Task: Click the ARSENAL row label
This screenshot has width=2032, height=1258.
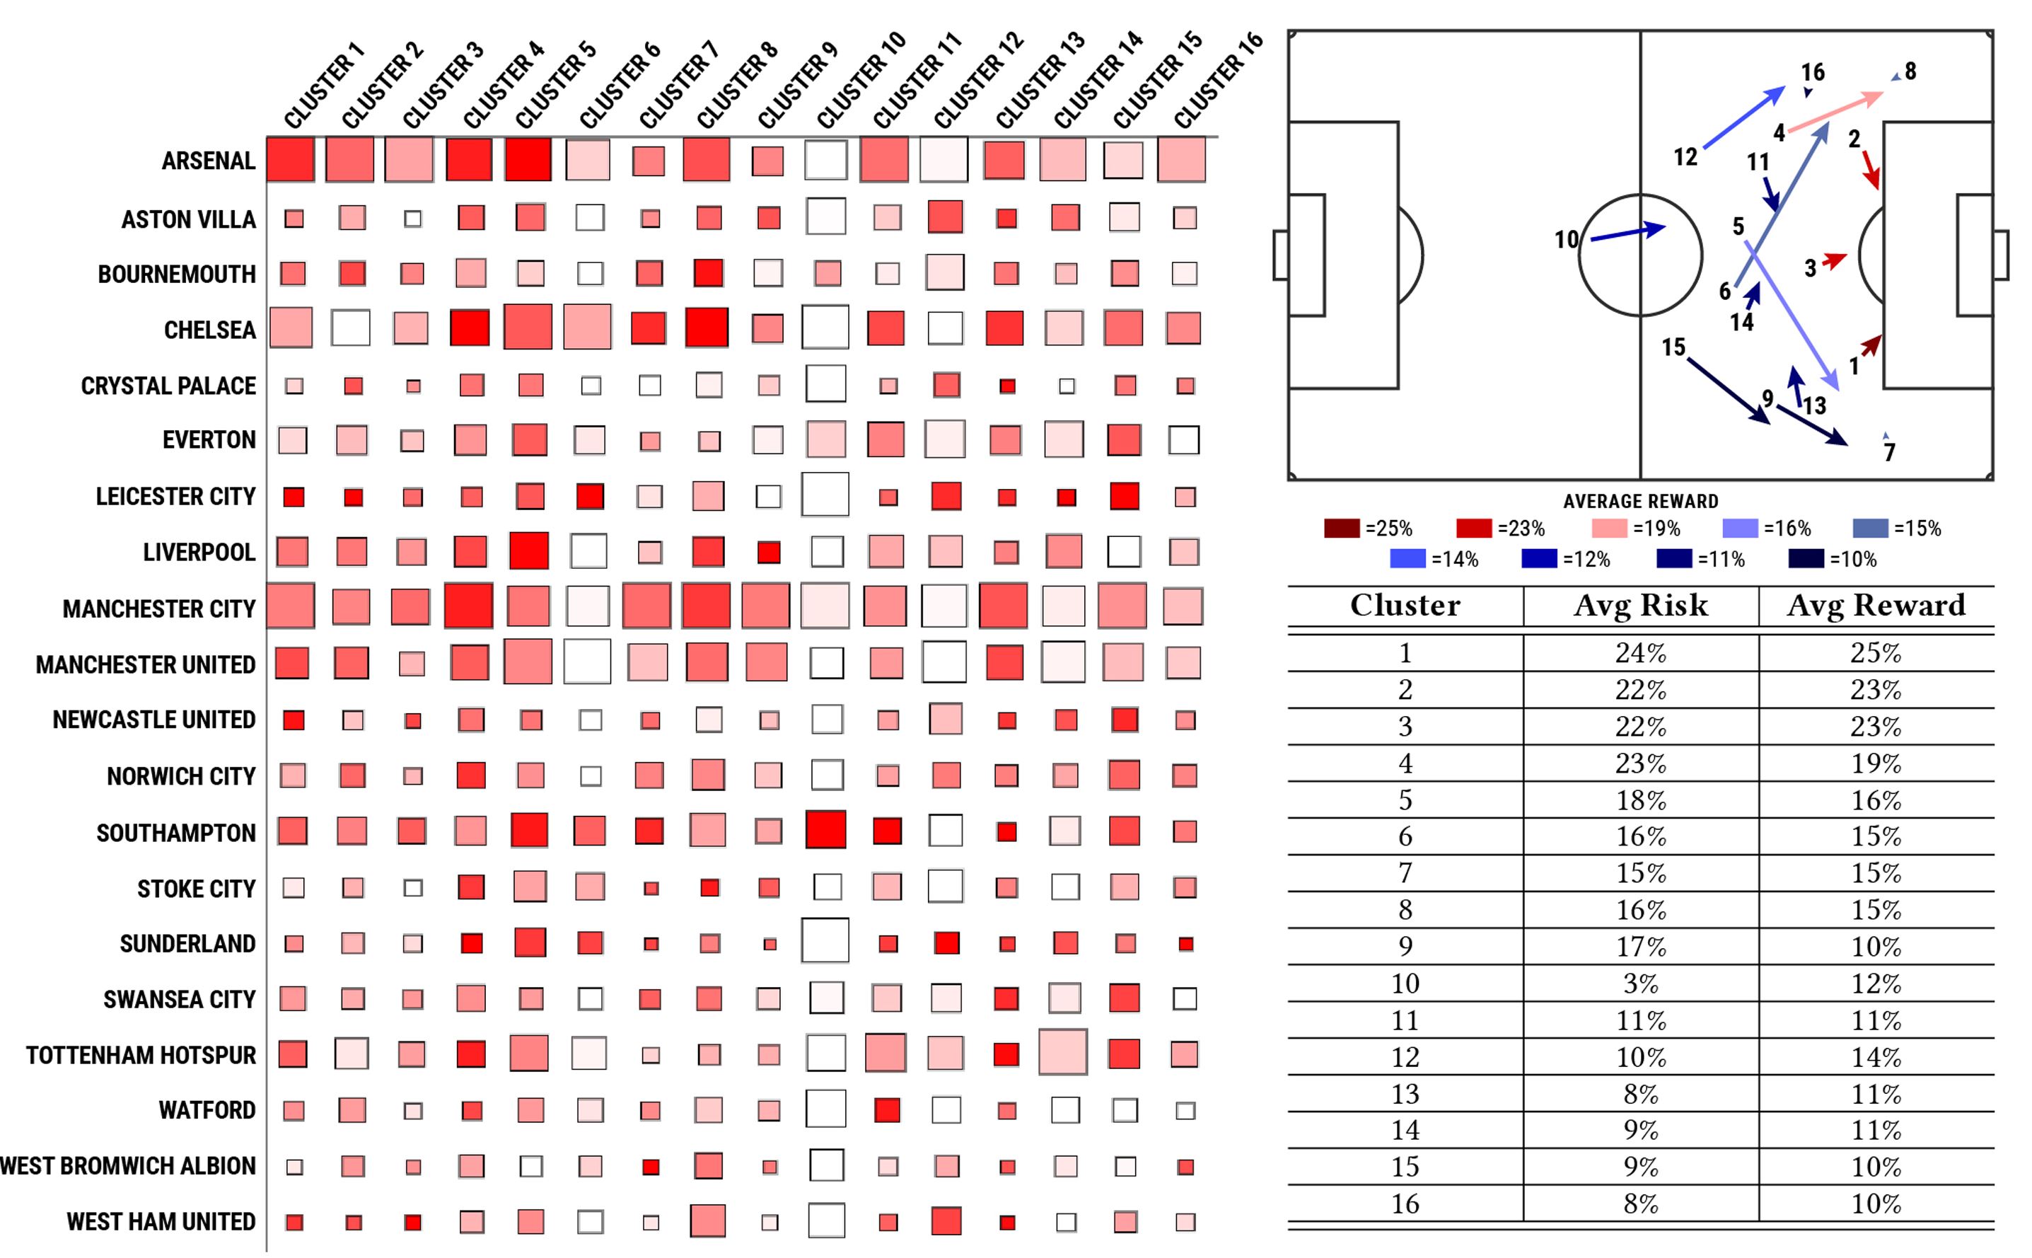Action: pos(208,161)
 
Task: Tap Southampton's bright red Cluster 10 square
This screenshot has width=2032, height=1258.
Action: pos(826,829)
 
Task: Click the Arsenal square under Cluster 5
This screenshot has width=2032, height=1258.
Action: pos(528,159)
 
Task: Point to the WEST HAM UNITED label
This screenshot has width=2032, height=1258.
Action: pos(161,1221)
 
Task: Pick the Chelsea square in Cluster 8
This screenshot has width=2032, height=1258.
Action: pos(707,328)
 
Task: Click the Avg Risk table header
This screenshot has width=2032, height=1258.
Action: pos(1640,605)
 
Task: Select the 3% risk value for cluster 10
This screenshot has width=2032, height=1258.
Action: pos(1640,983)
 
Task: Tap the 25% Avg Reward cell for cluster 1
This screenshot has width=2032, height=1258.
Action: pos(1876,653)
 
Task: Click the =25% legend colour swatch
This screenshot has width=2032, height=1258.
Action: pos(1341,529)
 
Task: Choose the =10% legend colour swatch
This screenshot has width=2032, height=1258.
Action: pos(1806,559)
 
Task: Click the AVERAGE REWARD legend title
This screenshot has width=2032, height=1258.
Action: pos(1640,501)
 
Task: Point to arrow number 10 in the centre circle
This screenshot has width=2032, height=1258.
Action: pos(1627,233)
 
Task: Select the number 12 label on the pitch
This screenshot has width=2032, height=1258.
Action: pos(1685,156)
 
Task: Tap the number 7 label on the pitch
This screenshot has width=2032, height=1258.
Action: pos(1890,452)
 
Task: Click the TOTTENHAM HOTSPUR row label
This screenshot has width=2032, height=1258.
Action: pos(141,1055)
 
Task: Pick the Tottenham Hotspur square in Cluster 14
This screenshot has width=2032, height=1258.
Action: pos(1063,1053)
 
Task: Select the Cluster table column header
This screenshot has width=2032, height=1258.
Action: pos(1405,605)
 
